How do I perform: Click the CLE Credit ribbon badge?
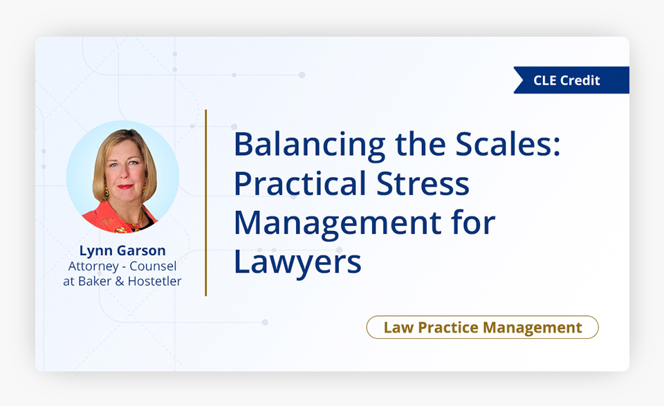(x=572, y=80)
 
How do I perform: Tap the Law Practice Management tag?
(x=482, y=327)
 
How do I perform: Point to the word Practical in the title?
(x=299, y=184)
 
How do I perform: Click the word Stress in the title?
(x=423, y=184)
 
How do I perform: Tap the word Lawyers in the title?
(x=297, y=262)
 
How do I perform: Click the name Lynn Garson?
(x=122, y=251)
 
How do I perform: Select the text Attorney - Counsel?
(x=122, y=266)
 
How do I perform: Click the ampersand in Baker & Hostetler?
(x=120, y=281)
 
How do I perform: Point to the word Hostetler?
(x=154, y=281)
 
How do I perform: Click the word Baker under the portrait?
(x=95, y=281)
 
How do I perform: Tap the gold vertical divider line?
(x=206, y=203)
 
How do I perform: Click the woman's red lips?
(x=125, y=186)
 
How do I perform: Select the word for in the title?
(x=473, y=223)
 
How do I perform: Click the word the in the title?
(x=421, y=145)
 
